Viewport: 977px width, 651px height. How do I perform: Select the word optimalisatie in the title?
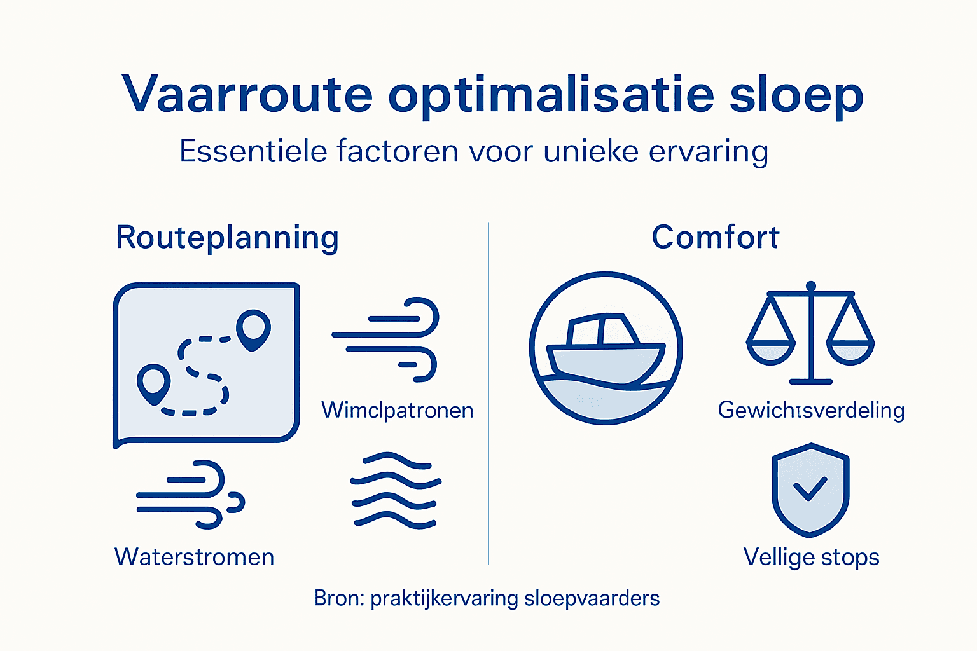coord(551,95)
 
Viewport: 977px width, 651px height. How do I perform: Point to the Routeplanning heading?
coord(227,238)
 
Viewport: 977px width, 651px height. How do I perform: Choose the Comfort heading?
coord(715,238)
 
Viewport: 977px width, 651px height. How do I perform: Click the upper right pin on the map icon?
coord(253,328)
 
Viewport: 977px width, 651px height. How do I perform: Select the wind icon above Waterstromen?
coord(190,495)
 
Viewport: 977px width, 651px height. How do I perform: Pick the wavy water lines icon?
coord(396,490)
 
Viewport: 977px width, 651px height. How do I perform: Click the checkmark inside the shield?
coord(810,488)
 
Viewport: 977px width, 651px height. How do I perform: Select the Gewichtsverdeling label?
coord(811,410)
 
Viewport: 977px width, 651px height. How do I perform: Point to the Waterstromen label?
coord(194,557)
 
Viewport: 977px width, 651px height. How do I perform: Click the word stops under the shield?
coord(850,557)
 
